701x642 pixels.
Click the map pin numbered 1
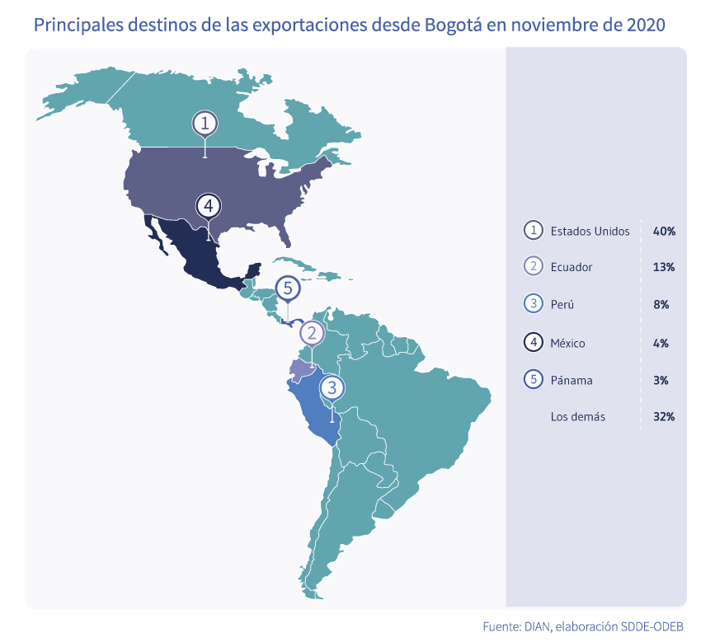coord(205,124)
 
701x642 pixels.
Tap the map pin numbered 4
coord(209,205)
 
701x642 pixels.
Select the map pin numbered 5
coord(287,288)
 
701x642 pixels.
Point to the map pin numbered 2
coord(312,333)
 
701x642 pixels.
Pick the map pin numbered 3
coord(332,387)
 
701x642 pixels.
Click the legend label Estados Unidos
coord(590,231)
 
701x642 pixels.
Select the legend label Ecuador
coord(572,267)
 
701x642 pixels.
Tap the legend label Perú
coord(562,304)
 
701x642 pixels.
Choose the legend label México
coord(568,342)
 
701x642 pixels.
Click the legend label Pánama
coord(572,380)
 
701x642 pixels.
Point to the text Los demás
coord(577,417)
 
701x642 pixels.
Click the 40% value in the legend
coord(664,231)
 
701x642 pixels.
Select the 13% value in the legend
coord(664,267)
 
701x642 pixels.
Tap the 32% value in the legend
coord(664,417)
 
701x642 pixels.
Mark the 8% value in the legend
coord(661,304)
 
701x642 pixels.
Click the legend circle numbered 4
coord(534,342)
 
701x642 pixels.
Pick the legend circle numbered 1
coord(534,231)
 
